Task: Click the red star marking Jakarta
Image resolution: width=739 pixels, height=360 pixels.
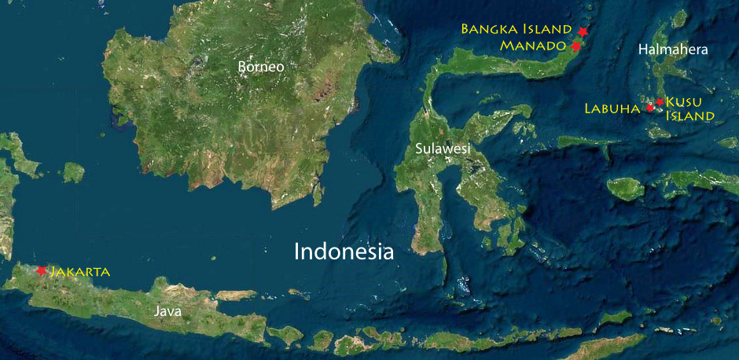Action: tap(41, 270)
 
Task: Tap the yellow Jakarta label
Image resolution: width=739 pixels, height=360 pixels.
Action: tap(80, 272)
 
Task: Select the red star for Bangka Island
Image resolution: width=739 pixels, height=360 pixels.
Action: tap(583, 31)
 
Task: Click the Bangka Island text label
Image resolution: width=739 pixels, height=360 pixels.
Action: tap(517, 29)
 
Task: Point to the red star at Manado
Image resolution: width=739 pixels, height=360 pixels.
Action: tap(575, 46)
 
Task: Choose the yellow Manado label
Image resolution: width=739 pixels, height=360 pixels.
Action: tap(533, 46)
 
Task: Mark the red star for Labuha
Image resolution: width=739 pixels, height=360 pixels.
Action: tap(650, 107)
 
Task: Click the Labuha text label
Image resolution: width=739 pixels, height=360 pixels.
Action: tap(612, 108)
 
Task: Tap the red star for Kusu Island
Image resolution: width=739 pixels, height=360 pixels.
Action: tap(660, 101)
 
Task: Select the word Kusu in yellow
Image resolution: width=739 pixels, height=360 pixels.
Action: tap(683, 101)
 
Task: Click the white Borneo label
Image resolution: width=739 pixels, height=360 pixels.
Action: tap(261, 68)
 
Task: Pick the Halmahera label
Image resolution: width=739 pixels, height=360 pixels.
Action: tap(673, 50)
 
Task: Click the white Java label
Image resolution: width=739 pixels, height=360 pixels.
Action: tap(167, 311)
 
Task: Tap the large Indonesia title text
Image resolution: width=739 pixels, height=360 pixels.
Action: tap(344, 252)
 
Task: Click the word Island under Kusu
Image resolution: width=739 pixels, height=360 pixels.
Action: tap(690, 116)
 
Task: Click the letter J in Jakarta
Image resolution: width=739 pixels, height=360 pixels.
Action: tap(53, 272)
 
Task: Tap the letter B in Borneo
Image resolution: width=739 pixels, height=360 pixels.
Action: tap(242, 68)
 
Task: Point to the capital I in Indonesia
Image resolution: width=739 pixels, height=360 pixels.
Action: tap(296, 252)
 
